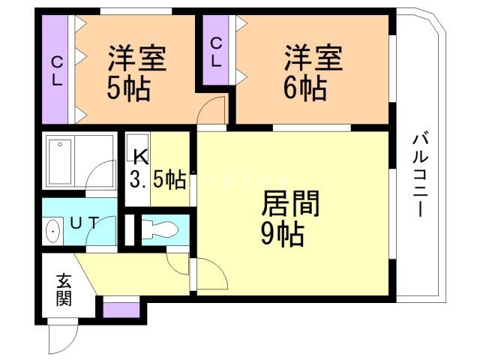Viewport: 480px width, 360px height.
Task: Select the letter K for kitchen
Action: (139, 156)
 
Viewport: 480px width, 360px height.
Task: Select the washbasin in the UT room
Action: (55, 230)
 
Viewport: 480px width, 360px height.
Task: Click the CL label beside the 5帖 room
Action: (56, 69)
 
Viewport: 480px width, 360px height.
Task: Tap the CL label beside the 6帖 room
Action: (216, 52)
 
